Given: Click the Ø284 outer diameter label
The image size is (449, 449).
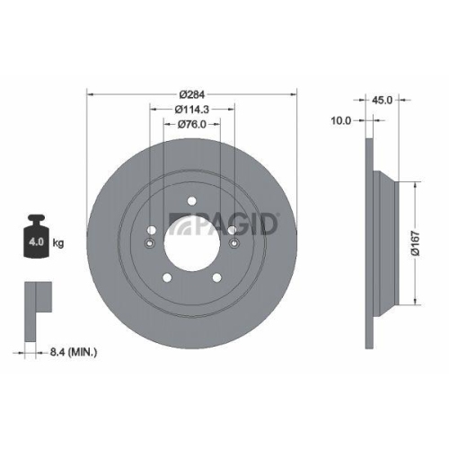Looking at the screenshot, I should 193,93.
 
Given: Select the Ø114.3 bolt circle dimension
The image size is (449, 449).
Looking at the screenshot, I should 192,110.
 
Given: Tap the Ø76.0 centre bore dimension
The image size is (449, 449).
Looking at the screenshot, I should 192,124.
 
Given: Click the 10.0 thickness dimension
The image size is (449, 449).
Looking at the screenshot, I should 342,119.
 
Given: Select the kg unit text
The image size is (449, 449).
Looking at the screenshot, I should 58,242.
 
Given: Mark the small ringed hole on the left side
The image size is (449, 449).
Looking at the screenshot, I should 150,245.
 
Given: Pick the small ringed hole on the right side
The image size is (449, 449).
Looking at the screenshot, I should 234,245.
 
